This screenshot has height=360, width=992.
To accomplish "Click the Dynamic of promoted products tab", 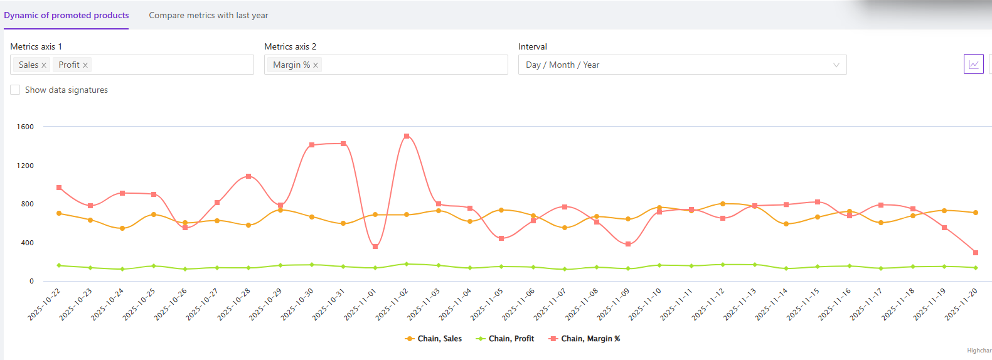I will [67, 15].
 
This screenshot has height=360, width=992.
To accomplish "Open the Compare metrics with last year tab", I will [208, 15].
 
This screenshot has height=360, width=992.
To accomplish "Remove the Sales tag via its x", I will [44, 65].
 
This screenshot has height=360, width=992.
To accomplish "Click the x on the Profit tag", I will [85, 65].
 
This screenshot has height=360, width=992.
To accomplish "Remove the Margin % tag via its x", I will [316, 65].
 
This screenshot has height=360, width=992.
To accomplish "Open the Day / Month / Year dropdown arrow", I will [836, 65].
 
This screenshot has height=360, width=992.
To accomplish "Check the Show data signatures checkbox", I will [15, 90].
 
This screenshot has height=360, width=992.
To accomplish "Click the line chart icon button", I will [973, 64].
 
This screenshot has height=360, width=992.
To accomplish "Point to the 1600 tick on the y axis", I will [26, 127].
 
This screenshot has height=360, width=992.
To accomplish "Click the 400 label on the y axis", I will [27, 243].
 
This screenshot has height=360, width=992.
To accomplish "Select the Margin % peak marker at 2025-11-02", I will [407, 136].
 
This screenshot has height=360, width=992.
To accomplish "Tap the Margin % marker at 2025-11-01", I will [375, 246].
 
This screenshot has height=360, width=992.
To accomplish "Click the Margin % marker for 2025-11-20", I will [976, 253].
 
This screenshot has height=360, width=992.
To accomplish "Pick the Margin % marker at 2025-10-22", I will [59, 188].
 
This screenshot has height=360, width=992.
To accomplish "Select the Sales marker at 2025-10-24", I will [122, 228].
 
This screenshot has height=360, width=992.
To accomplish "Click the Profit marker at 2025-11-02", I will [407, 264].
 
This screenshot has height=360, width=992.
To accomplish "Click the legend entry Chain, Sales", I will [434, 339].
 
